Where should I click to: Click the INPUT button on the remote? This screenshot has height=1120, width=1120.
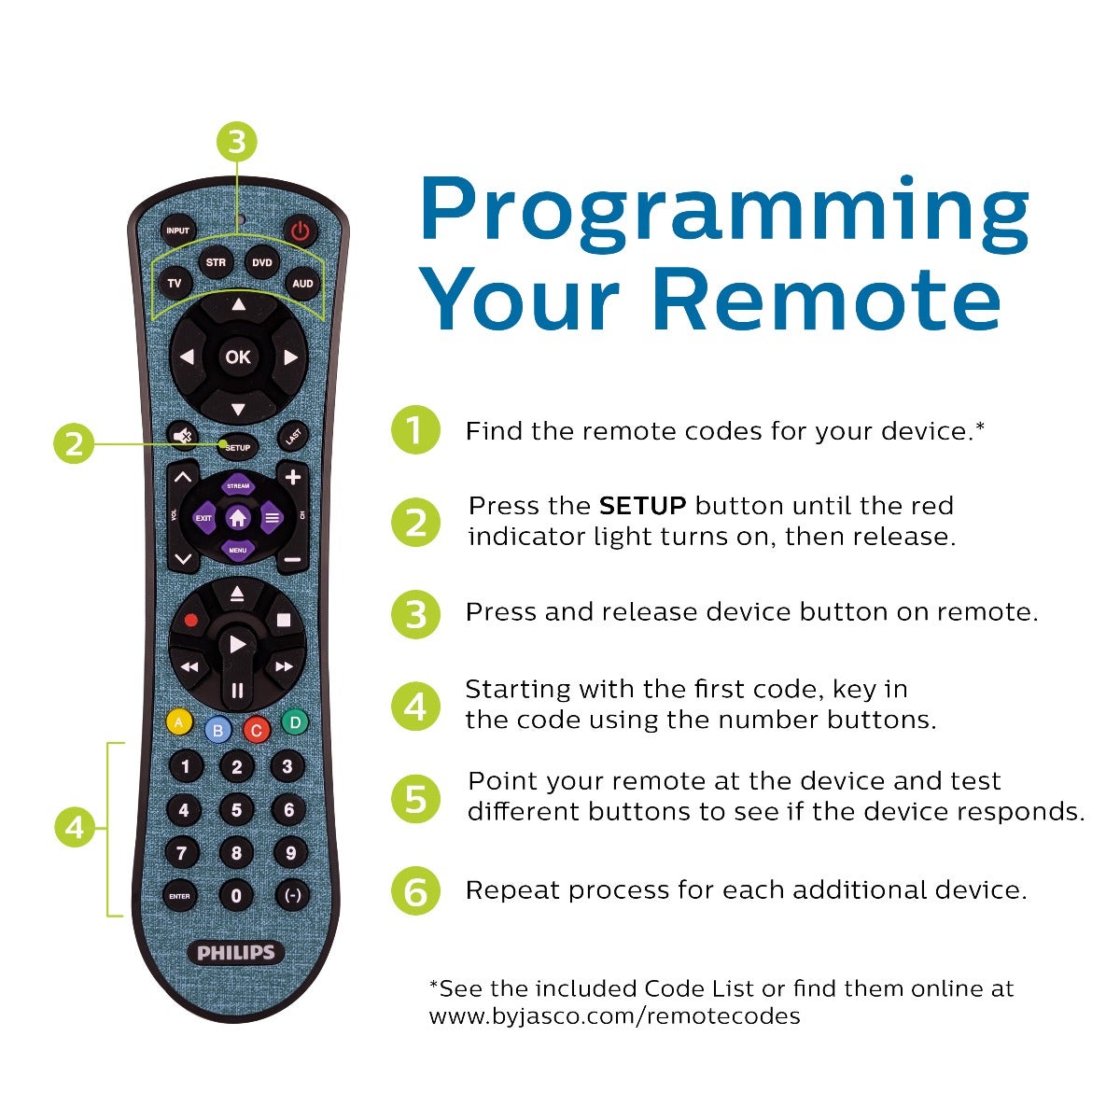tap(177, 231)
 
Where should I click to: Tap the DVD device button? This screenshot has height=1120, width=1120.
tap(262, 263)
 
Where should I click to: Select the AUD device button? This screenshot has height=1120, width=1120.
tap(302, 283)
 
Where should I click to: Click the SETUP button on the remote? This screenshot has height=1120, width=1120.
tap(238, 447)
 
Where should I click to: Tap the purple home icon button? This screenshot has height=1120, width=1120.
tap(238, 517)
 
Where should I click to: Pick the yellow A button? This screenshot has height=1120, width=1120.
tap(178, 721)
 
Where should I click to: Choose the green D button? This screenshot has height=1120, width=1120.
tap(295, 721)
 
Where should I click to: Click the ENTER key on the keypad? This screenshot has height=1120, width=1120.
tap(179, 896)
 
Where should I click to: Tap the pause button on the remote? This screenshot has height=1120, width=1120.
tap(237, 691)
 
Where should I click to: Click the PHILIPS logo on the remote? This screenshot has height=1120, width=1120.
tap(236, 953)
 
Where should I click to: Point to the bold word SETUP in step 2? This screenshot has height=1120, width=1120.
tap(642, 506)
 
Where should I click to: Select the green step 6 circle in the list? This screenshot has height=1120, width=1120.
tap(415, 890)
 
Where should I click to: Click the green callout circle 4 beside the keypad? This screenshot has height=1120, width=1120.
tap(75, 828)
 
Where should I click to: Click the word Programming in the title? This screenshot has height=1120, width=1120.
tap(723, 208)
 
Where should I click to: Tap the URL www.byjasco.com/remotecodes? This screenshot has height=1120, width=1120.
tap(614, 1015)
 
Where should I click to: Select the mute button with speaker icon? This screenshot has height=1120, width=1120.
tap(182, 436)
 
